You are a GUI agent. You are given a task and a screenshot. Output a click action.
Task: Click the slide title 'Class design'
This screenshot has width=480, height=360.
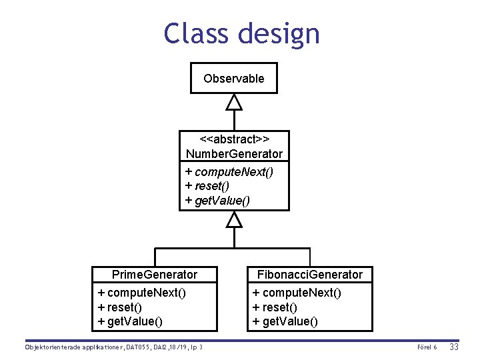[x=241, y=33]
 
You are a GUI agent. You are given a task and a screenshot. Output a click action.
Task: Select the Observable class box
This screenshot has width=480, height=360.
[x=233, y=78]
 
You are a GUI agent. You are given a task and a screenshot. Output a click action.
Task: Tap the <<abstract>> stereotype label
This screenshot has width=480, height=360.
[x=234, y=139]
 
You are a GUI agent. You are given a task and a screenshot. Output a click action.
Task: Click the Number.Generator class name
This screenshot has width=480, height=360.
[x=234, y=154]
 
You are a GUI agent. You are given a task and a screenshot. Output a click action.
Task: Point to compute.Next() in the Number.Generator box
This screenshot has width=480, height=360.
[x=229, y=172]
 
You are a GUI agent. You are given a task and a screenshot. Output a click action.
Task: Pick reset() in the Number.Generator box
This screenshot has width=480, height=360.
[x=212, y=186]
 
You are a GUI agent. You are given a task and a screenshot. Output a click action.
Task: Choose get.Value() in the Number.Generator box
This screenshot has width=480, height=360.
[x=217, y=200]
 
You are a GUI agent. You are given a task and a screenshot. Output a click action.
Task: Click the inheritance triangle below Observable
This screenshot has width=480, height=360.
[x=233, y=102]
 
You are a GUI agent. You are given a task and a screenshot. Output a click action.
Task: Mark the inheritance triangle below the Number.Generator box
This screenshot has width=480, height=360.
[x=233, y=219]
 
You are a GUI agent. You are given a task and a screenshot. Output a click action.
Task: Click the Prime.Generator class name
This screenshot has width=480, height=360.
[x=155, y=275]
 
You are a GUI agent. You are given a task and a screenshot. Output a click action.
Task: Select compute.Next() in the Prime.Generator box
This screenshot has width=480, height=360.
[x=141, y=293]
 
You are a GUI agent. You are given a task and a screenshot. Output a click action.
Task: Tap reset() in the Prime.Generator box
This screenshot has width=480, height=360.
[x=119, y=307]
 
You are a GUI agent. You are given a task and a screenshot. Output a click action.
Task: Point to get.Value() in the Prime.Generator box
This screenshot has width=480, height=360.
[x=130, y=322]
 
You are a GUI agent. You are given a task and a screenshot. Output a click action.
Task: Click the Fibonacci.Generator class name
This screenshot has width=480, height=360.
[x=310, y=275]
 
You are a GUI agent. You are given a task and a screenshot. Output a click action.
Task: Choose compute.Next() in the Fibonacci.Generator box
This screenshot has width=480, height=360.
[x=297, y=293]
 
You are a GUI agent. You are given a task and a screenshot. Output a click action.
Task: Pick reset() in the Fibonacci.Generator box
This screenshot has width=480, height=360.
[x=275, y=307]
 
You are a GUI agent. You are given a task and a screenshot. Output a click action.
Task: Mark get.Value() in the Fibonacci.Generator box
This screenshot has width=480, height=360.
[x=285, y=322]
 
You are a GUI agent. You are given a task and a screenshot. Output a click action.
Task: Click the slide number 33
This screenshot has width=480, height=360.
[x=454, y=347]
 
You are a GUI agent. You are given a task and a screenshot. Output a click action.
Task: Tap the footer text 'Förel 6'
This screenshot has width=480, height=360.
[x=426, y=347]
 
